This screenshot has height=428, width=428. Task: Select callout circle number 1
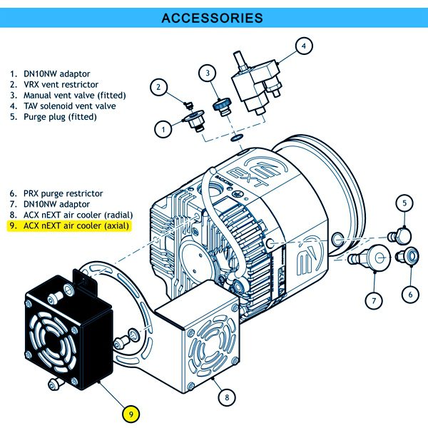point(163,129)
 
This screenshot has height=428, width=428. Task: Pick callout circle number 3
point(207,73)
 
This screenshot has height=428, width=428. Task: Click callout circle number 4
point(303,46)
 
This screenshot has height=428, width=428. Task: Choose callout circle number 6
point(411,292)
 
